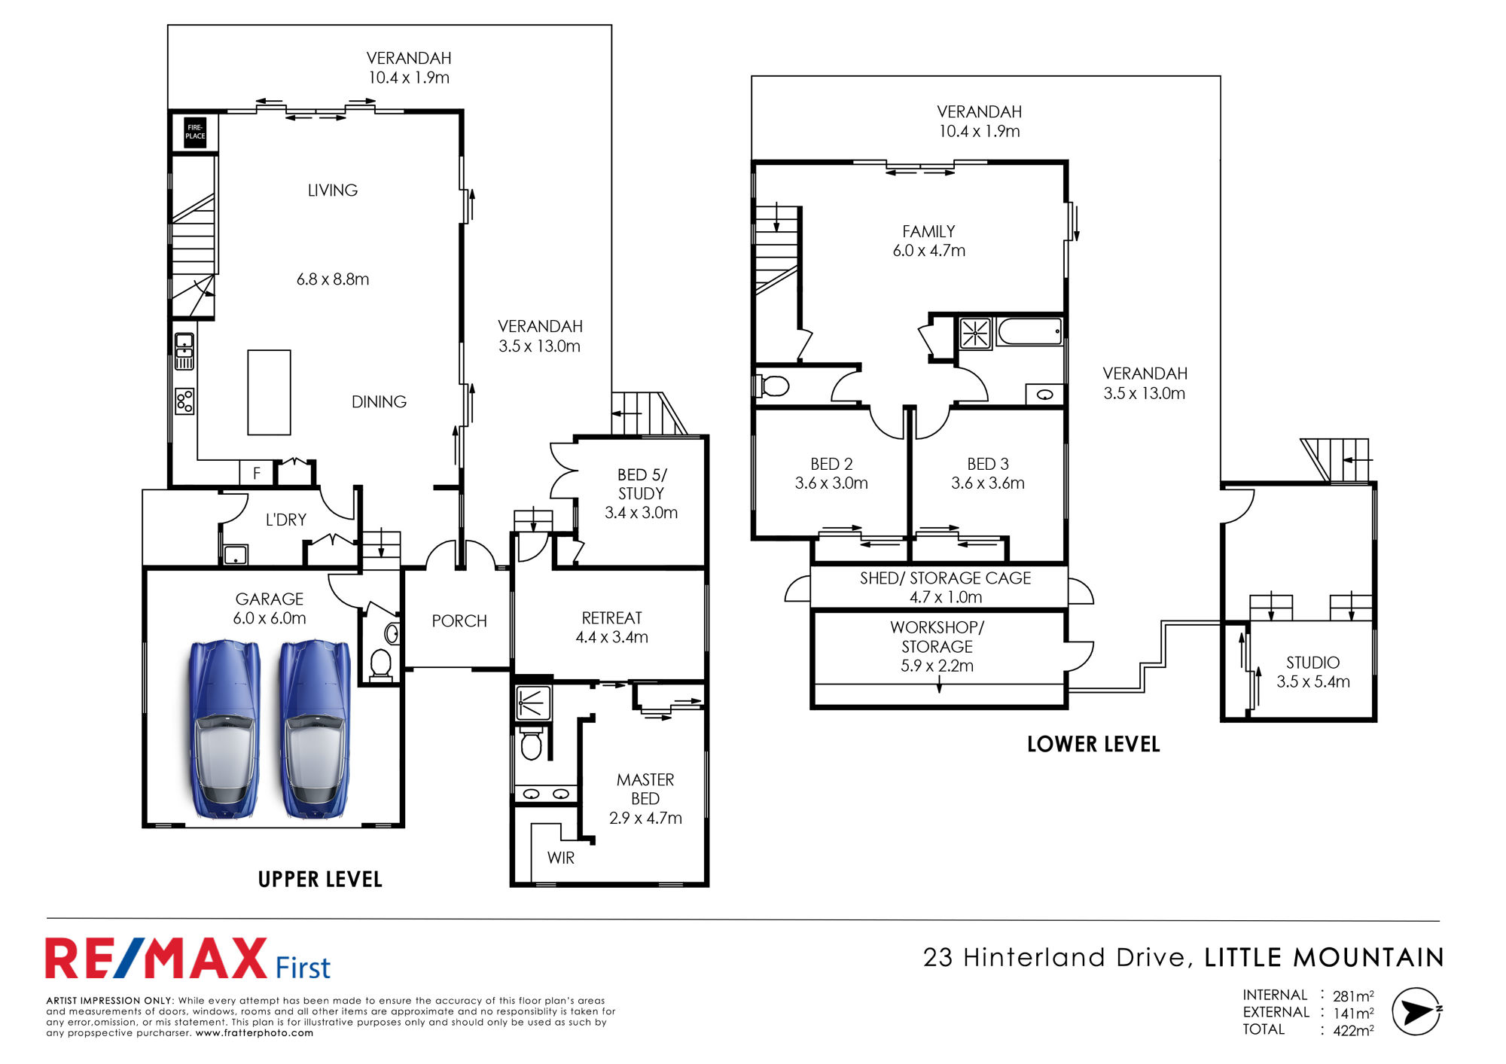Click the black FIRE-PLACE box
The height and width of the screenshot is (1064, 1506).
[x=195, y=132]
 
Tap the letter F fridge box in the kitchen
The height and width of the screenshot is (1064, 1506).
[x=256, y=473]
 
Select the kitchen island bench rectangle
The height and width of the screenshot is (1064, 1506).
[x=269, y=392]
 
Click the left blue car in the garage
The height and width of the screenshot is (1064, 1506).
[x=224, y=729]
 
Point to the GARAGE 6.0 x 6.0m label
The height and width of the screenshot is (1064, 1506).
[x=270, y=608]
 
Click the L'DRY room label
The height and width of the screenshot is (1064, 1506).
[x=286, y=520]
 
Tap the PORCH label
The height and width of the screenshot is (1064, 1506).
[x=459, y=620]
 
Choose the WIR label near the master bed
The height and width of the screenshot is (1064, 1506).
[x=561, y=858]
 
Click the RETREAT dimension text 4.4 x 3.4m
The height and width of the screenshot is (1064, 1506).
[x=612, y=637]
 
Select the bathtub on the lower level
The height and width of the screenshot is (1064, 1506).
[x=1029, y=331]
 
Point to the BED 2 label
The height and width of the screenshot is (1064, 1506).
[x=831, y=464]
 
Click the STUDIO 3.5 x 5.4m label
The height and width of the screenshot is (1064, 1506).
[x=1313, y=672]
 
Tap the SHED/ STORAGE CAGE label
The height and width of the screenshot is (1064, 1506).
[x=946, y=578]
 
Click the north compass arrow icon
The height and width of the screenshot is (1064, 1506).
[x=1416, y=1011]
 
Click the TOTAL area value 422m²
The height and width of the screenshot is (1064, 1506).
[x=1353, y=1031]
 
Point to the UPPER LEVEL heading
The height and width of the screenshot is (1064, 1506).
[x=320, y=880]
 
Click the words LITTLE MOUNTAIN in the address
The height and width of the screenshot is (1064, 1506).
[x=1325, y=958]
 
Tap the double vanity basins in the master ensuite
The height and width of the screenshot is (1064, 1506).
[x=546, y=794]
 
